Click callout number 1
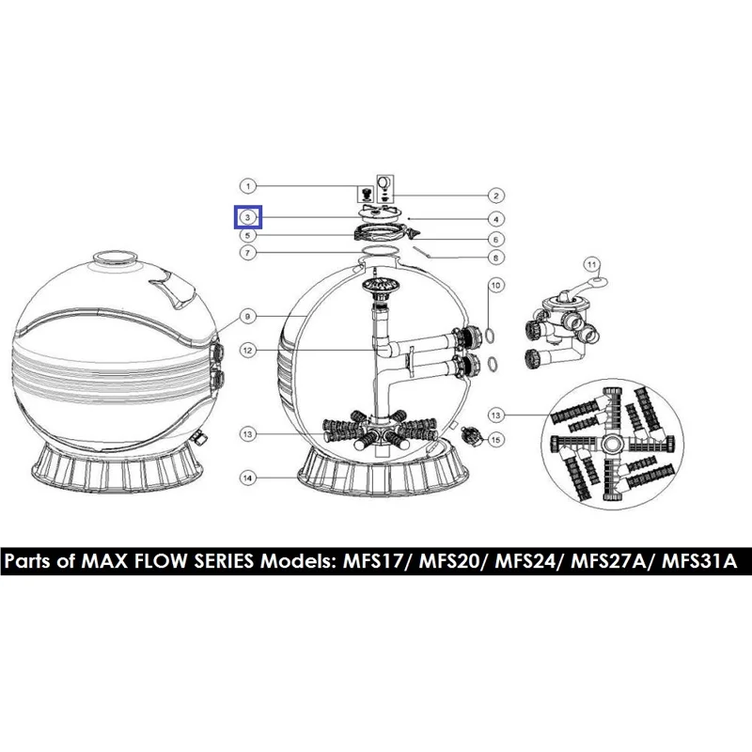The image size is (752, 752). pos(248,186)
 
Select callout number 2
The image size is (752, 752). pos(496,196)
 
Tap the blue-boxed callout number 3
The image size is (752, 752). pos(248,217)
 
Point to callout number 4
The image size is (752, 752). pos(496,219)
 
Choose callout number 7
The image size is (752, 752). pos(248,252)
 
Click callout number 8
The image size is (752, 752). pos(496,258)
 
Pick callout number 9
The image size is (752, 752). pos(248,317)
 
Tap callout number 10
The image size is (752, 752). pos(496,286)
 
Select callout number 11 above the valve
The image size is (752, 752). pos(592,264)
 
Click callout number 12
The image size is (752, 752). pos(248,351)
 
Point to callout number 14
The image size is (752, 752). pos(248,478)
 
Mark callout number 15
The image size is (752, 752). pos(496,439)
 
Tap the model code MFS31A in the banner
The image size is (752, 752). pos(699,560)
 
